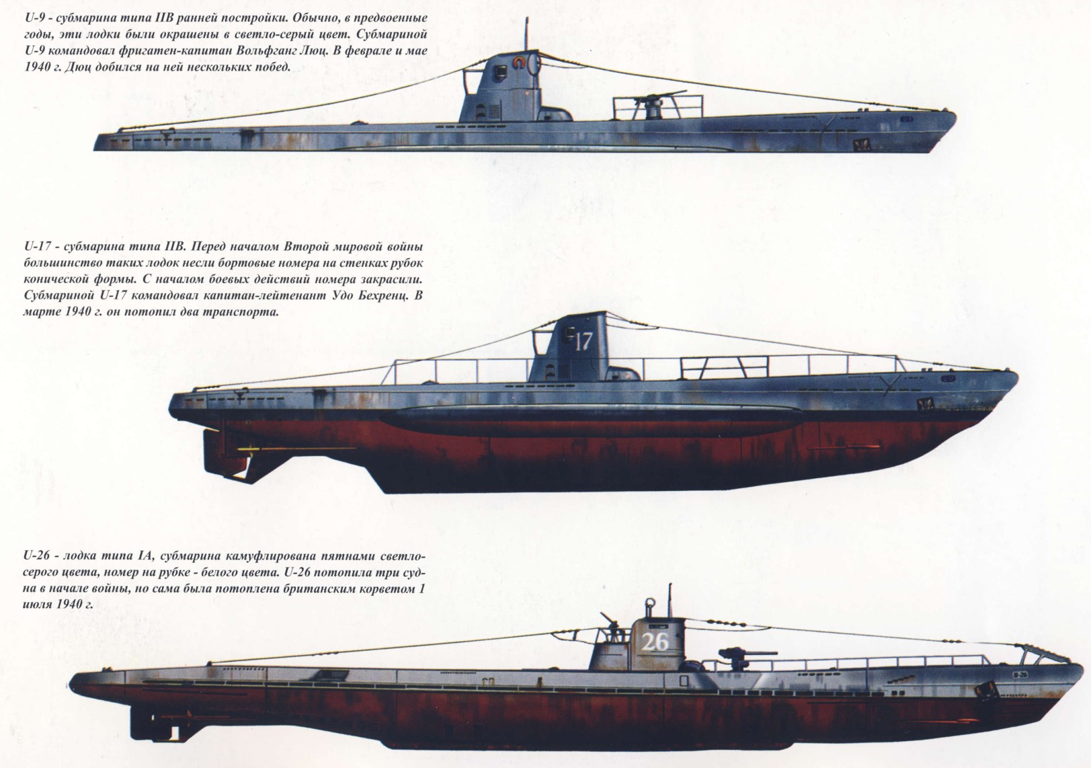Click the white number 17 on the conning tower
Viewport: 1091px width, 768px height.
[x=583, y=342]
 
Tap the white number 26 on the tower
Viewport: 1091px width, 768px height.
[x=655, y=642]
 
